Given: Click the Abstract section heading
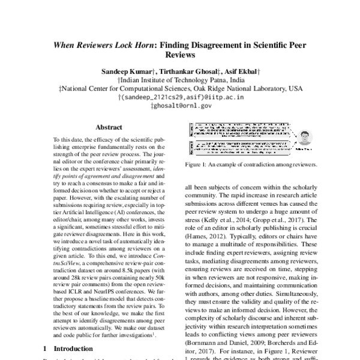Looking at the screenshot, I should click(x=109, y=128).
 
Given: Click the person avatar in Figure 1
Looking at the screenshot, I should click(x=305, y=137).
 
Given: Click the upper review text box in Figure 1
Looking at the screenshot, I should click(x=240, y=128).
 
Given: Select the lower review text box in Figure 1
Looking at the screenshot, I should click(x=240, y=148).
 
